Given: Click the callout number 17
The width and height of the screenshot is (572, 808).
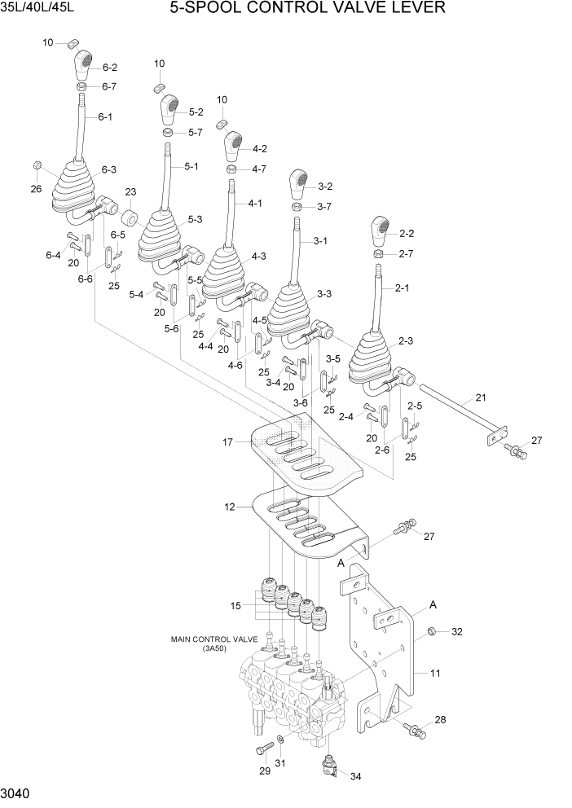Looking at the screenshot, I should click(x=228, y=442).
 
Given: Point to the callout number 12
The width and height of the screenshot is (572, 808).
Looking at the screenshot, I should click(x=229, y=507).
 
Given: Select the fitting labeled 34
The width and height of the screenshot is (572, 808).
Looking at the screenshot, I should click(x=328, y=766).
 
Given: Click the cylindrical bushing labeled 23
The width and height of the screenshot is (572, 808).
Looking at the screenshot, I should click(x=129, y=218).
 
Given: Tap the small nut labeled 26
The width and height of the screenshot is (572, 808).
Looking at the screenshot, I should click(x=37, y=167).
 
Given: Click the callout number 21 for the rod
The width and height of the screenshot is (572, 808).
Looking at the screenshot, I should click(x=480, y=398).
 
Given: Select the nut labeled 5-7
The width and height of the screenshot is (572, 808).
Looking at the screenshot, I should click(x=167, y=132).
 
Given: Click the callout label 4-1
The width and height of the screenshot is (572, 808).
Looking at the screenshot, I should click(x=255, y=203).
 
